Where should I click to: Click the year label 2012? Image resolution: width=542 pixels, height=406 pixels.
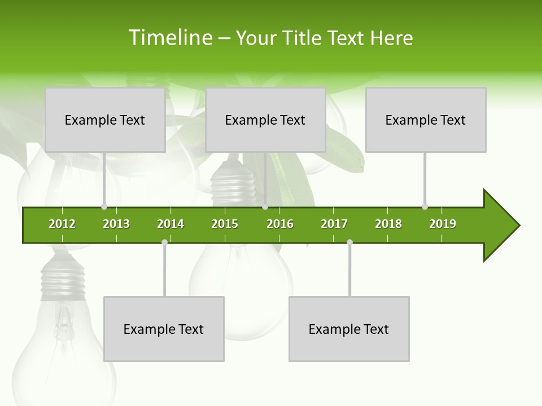tap(62, 224)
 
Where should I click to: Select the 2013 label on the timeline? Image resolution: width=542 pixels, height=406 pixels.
tap(116, 224)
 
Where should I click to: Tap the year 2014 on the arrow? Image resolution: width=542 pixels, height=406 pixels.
tap(171, 224)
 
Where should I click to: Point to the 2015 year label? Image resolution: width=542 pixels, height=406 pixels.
tap(225, 224)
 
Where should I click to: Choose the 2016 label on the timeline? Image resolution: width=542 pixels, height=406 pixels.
tap(280, 224)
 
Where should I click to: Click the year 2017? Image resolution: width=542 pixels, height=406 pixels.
tap(334, 224)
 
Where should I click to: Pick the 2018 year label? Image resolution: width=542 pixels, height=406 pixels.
tap(388, 224)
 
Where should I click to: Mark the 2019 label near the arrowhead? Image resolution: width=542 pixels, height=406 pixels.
tap(443, 224)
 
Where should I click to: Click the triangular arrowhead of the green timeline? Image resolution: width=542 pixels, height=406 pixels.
tap(500, 226)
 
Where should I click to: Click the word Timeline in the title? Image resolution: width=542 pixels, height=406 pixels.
tap(170, 38)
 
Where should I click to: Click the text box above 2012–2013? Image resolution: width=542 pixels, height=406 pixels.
tap(105, 120)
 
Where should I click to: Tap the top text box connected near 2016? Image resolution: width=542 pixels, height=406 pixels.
tap(265, 120)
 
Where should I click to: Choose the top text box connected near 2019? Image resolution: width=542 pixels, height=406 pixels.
tap(426, 120)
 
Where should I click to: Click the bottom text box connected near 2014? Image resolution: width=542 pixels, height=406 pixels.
tap(164, 329)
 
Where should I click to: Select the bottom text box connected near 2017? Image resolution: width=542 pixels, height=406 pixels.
tap(349, 329)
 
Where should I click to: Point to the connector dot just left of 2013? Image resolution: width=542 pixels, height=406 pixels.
tap(104, 206)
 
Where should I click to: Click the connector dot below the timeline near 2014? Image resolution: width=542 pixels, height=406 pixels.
tap(164, 242)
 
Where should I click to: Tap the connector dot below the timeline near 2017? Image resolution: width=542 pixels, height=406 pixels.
tap(349, 242)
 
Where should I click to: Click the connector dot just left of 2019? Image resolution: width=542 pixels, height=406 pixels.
tap(425, 206)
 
